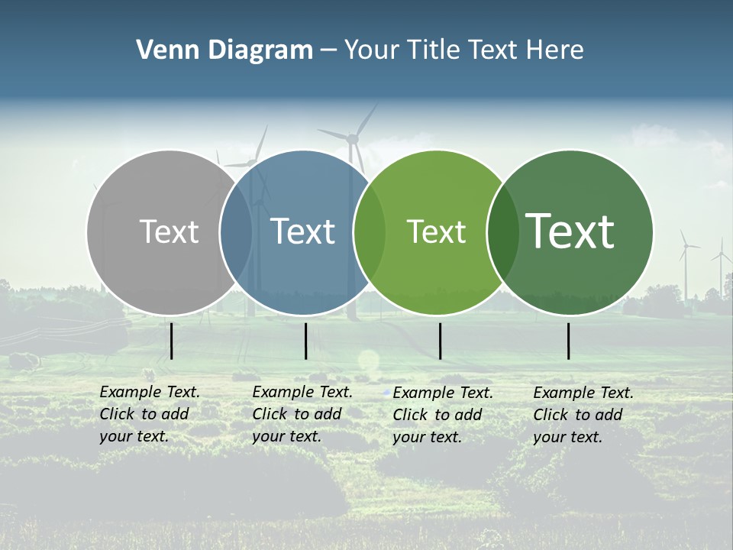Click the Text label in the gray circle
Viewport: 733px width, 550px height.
[x=169, y=231]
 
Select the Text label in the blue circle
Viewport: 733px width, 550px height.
[x=302, y=231]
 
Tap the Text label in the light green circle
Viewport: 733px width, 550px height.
[x=436, y=231]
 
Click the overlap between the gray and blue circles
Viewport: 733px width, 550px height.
[x=236, y=232]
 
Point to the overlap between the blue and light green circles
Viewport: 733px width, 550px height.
[x=370, y=232]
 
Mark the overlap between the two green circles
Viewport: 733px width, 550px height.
[x=502, y=232]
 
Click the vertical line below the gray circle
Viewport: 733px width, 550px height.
[x=172, y=341]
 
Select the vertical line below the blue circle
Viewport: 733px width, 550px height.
[x=305, y=341]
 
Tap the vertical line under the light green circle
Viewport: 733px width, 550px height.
[x=440, y=341]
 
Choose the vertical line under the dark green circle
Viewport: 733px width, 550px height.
[x=568, y=341]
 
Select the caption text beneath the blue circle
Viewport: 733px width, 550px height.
[x=302, y=414]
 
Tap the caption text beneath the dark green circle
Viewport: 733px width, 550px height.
[x=583, y=415]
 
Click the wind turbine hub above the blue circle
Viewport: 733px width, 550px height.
[x=353, y=139]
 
